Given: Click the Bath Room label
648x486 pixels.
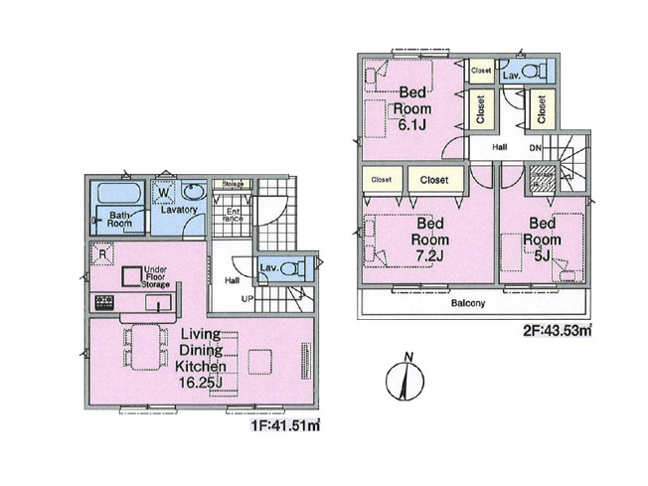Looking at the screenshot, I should click(x=120, y=219).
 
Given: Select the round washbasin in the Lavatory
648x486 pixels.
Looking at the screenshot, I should click(x=193, y=192).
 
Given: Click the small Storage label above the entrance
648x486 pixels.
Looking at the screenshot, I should click(x=233, y=184).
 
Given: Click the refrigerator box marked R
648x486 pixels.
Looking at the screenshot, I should click(x=100, y=253).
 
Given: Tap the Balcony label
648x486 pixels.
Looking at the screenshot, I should click(x=467, y=303).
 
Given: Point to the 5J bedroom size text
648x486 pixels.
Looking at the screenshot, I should click(x=541, y=254).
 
